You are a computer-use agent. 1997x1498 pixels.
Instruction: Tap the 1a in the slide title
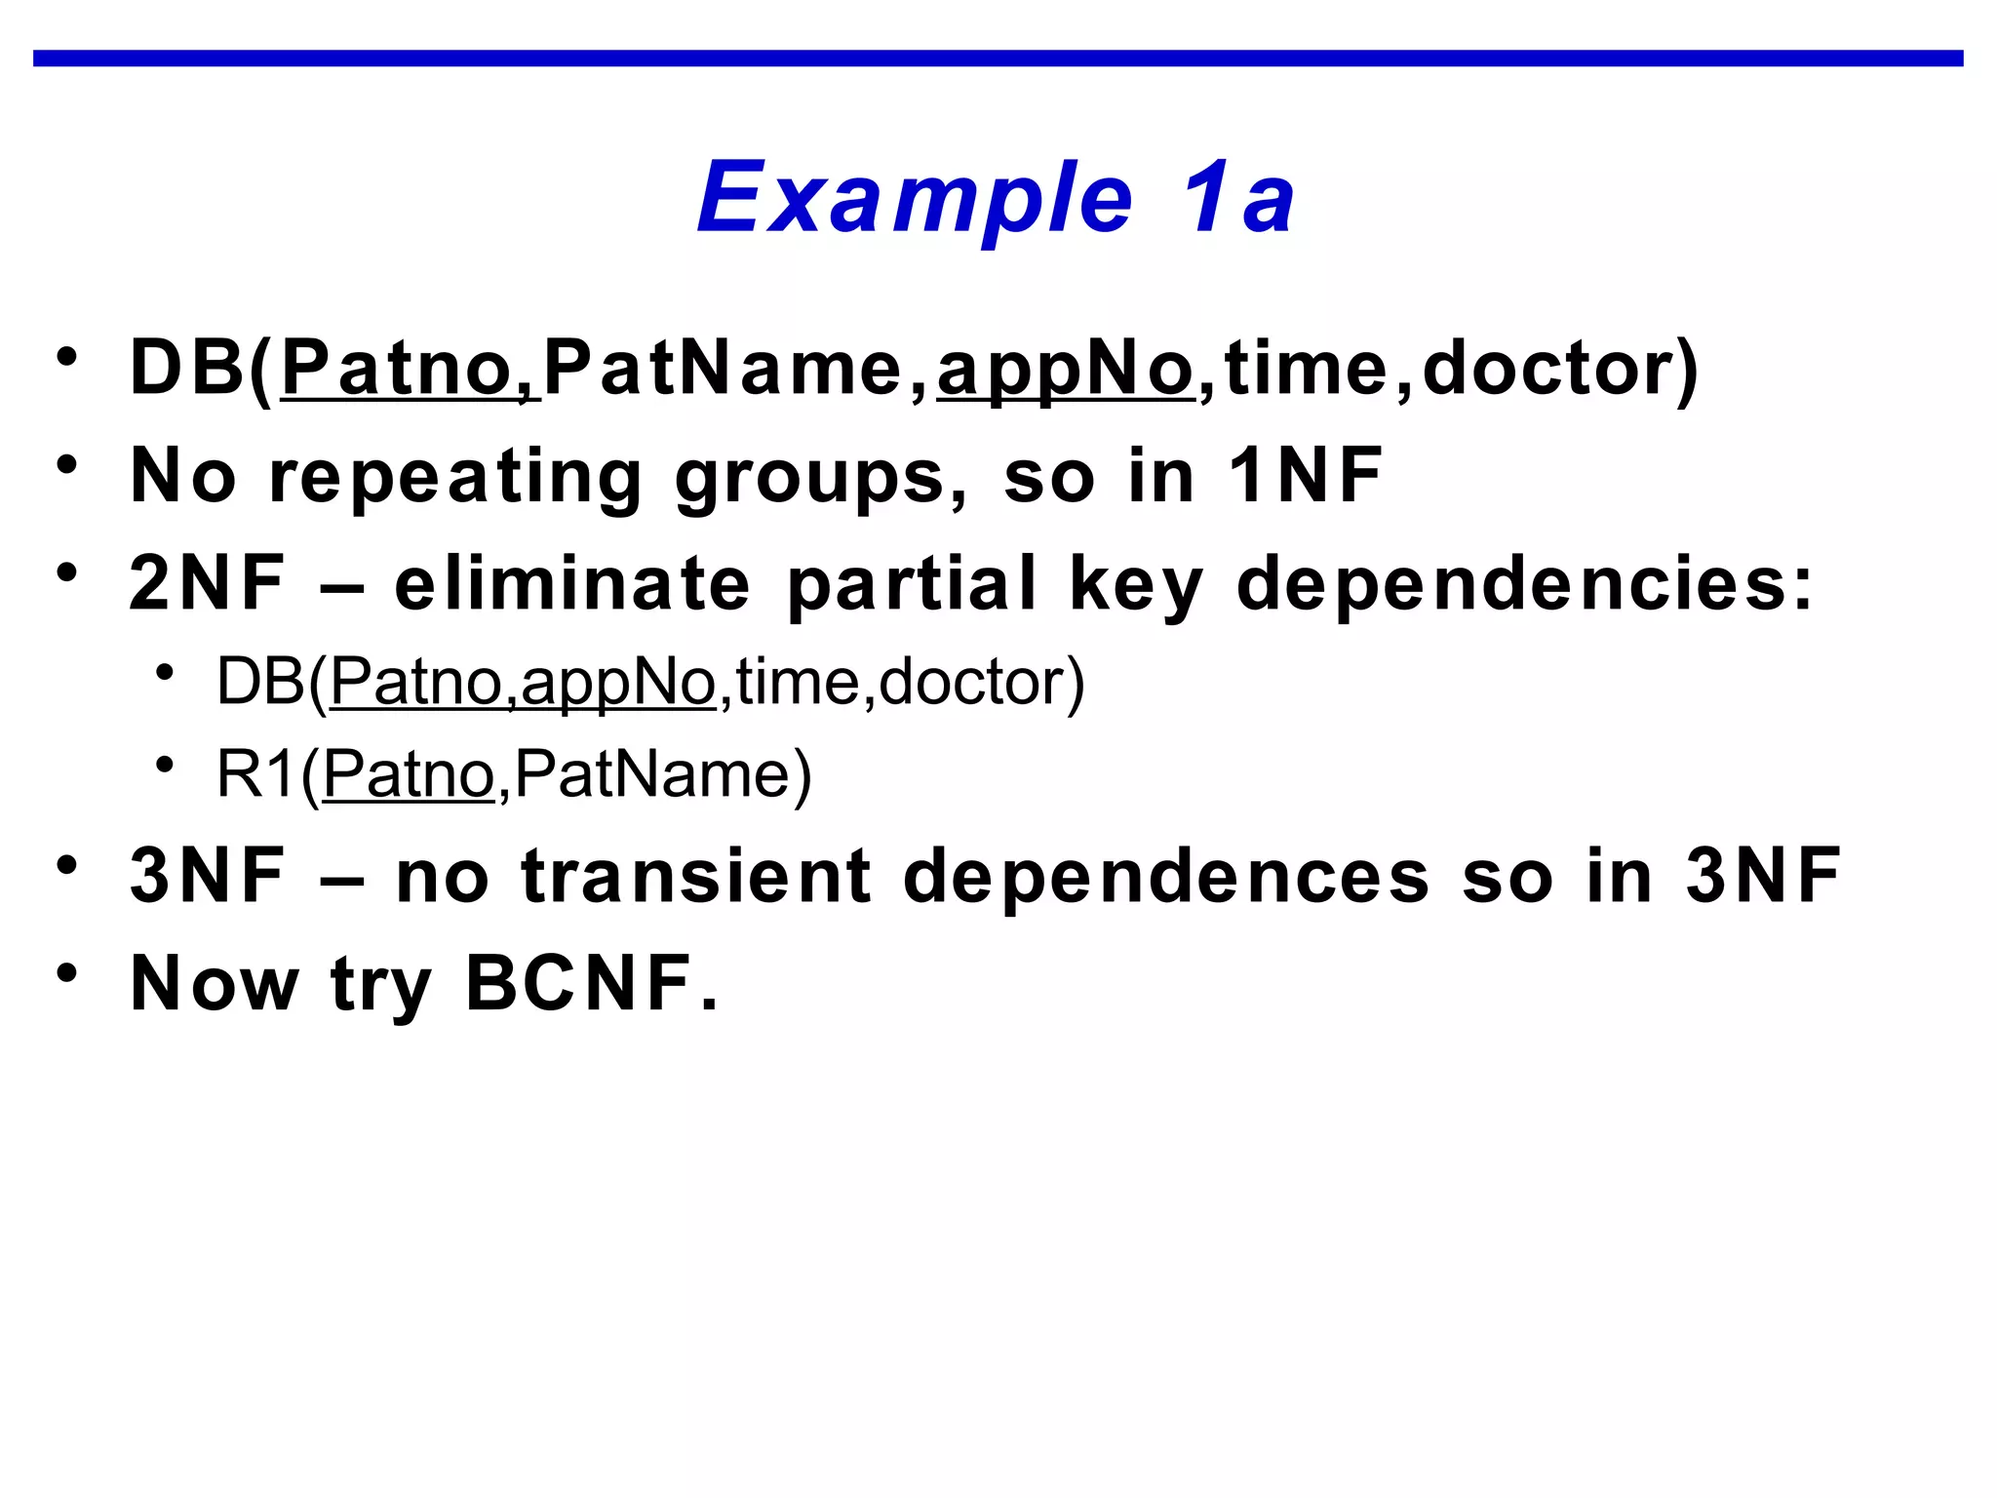(x=1238, y=199)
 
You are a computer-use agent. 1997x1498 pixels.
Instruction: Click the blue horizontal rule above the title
(x=998, y=59)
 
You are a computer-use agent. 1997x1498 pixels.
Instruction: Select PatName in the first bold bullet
(x=722, y=369)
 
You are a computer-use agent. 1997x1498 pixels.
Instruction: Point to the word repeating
(x=454, y=478)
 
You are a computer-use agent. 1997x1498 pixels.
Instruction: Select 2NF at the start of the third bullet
(x=207, y=582)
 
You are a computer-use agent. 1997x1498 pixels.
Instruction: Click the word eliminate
(x=572, y=582)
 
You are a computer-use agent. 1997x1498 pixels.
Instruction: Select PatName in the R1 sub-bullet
(x=654, y=774)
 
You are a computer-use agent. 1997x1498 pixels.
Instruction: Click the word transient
(x=696, y=876)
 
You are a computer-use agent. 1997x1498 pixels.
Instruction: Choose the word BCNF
(x=589, y=983)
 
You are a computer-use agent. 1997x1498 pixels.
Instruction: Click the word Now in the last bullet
(x=215, y=983)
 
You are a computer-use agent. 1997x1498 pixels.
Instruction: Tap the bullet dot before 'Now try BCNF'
(x=66, y=973)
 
